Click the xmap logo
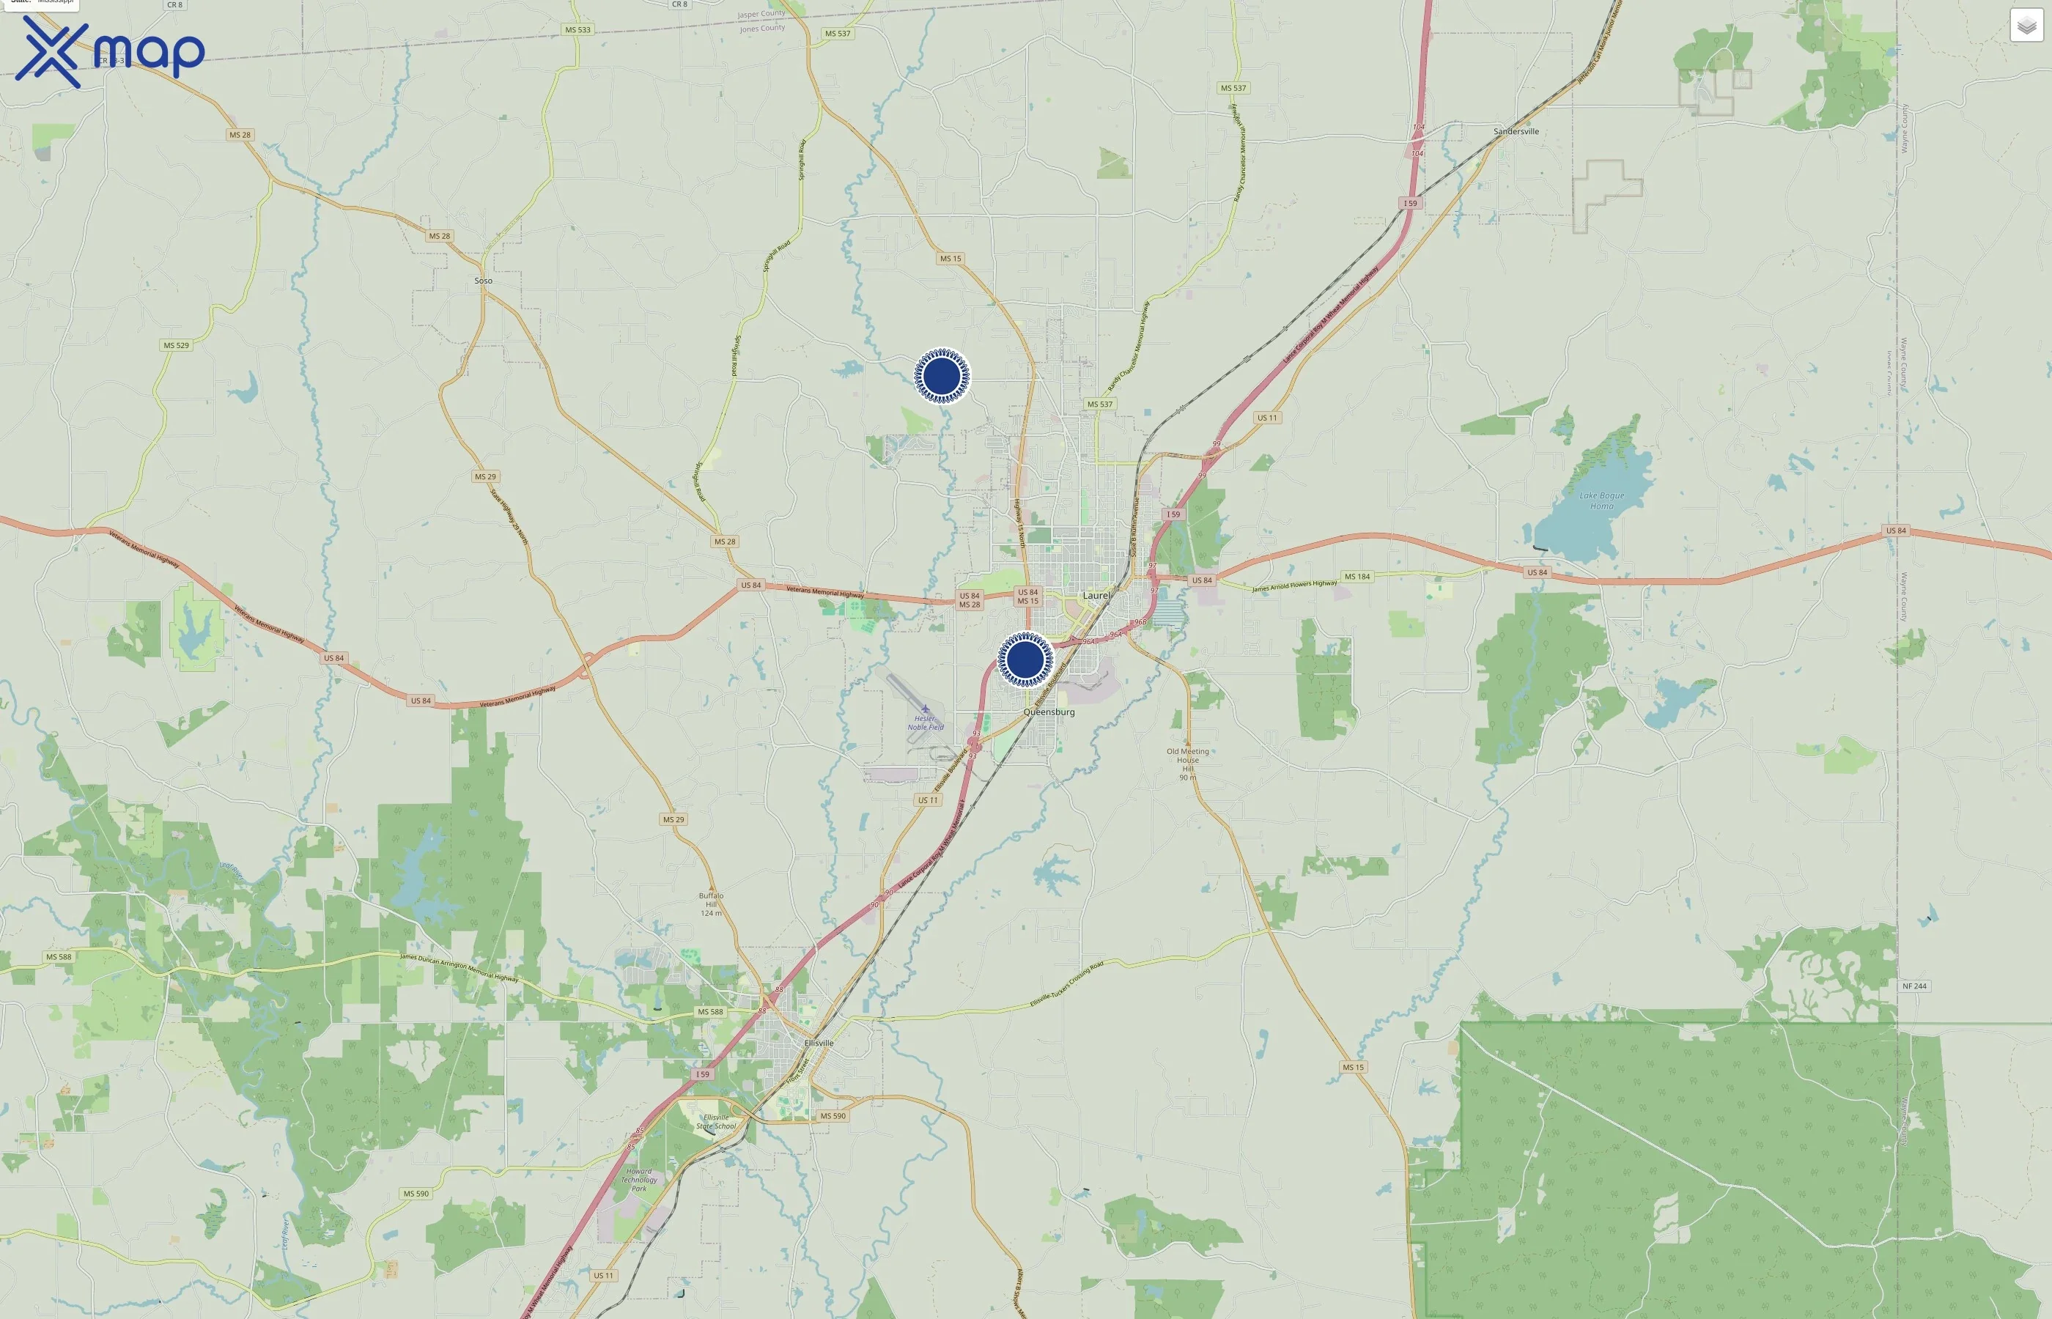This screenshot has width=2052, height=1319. (x=110, y=51)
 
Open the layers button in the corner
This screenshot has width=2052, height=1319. (x=2026, y=26)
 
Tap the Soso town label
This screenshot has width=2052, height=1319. (x=483, y=281)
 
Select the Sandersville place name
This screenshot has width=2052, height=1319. (x=1516, y=132)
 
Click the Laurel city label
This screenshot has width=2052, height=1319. (x=1096, y=595)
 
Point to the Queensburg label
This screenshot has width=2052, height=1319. (x=1048, y=712)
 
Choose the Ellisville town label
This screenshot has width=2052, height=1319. (x=819, y=1043)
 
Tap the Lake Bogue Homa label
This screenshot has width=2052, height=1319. (x=1601, y=501)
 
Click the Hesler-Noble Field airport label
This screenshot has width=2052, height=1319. (x=925, y=723)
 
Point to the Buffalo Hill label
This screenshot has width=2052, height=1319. (x=711, y=904)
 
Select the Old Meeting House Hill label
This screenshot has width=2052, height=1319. (x=1188, y=761)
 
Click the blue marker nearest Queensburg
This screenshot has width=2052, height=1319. (x=1025, y=659)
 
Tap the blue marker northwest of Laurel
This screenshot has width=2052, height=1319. (x=942, y=375)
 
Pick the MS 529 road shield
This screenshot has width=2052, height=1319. (x=176, y=345)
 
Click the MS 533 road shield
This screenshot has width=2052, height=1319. (x=577, y=30)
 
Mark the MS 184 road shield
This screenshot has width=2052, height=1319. (x=1357, y=577)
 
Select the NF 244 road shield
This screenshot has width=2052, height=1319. (x=1914, y=986)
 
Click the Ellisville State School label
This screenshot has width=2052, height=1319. (x=716, y=1121)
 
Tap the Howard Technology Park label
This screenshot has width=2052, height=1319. (x=639, y=1179)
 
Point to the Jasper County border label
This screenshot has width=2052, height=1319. (x=761, y=14)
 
